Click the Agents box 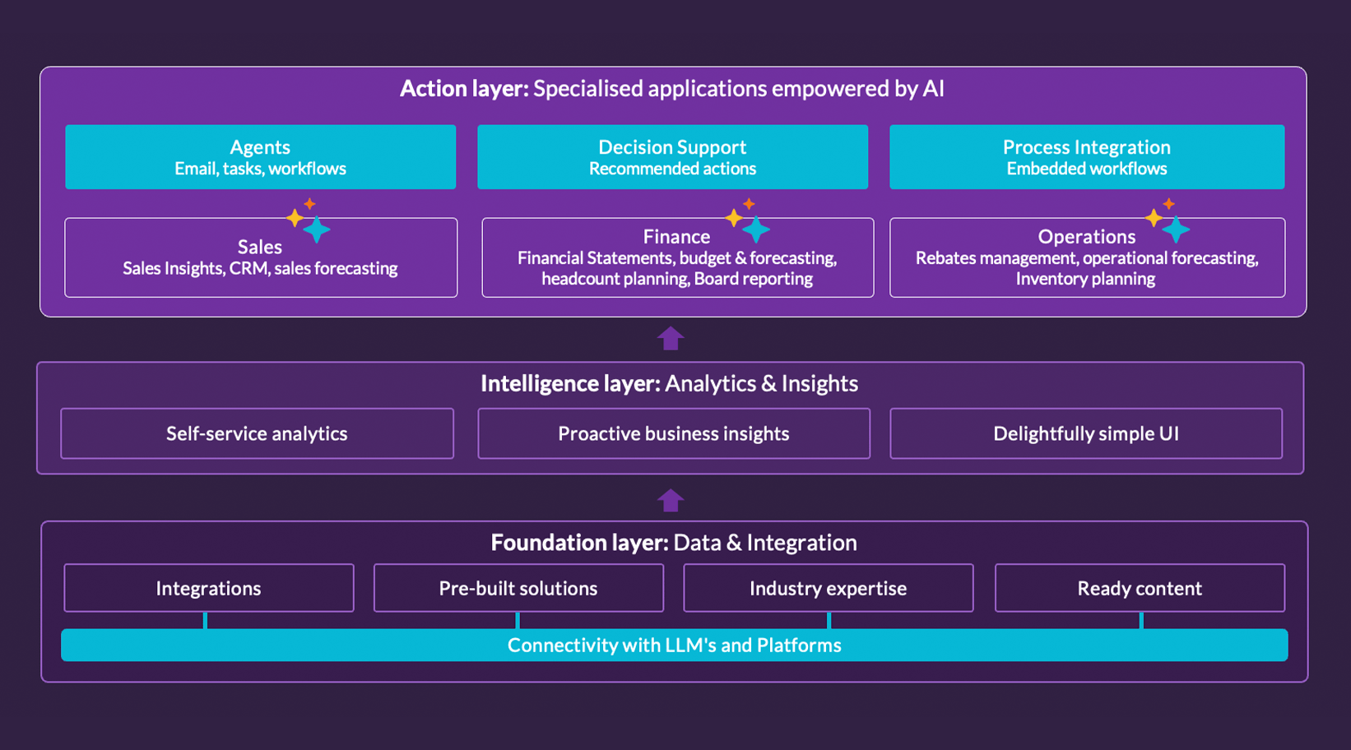(x=260, y=157)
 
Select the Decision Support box (x=672, y=157)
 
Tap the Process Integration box (x=1086, y=157)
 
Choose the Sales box (x=260, y=257)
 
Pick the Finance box (x=677, y=257)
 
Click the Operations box (x=1086, y=257)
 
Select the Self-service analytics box (x=257, y=433)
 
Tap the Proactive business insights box (x=673, y=433)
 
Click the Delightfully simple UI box (x=1085, y=433)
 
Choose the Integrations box (x=208, y=588)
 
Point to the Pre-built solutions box (x=518, y=588)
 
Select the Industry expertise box (x=828, y=588)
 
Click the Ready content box (x=1140, y=588)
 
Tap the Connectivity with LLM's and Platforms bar (x=674, y=645)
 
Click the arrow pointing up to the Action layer (x=671, y=338)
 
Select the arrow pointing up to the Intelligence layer (x=671, y=500)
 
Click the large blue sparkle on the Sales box (x=317, y=229)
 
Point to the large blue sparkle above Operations (x=1176, y=229)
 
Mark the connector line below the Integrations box (x=205, y=620)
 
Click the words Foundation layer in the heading (x=578, y=543)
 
